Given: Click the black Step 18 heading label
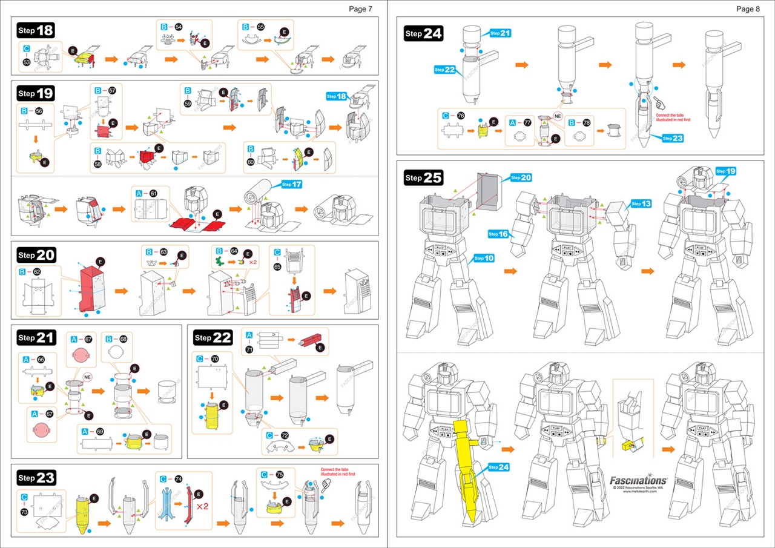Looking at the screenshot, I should [x=36, y=30].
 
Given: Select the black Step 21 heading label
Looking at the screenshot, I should [x=36, y=337].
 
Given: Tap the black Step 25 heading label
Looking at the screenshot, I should [x=423, y=178].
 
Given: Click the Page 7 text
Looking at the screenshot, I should [x=361, y=8].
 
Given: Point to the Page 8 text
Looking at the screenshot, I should [x=748, y=8].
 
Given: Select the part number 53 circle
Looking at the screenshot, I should [x=27, y=62].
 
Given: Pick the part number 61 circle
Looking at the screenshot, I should [x=154, y=194].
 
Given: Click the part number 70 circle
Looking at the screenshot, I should [x=215, y=359].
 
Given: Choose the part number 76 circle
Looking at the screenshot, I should [x=461, y=116].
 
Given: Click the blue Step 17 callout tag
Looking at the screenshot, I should [x=291, y=184].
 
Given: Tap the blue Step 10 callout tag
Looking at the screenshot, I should [x=484, y=259].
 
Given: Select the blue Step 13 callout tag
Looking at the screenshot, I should [x=641, y=203].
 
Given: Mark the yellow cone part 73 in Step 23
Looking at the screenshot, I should [x=82, y=516].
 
